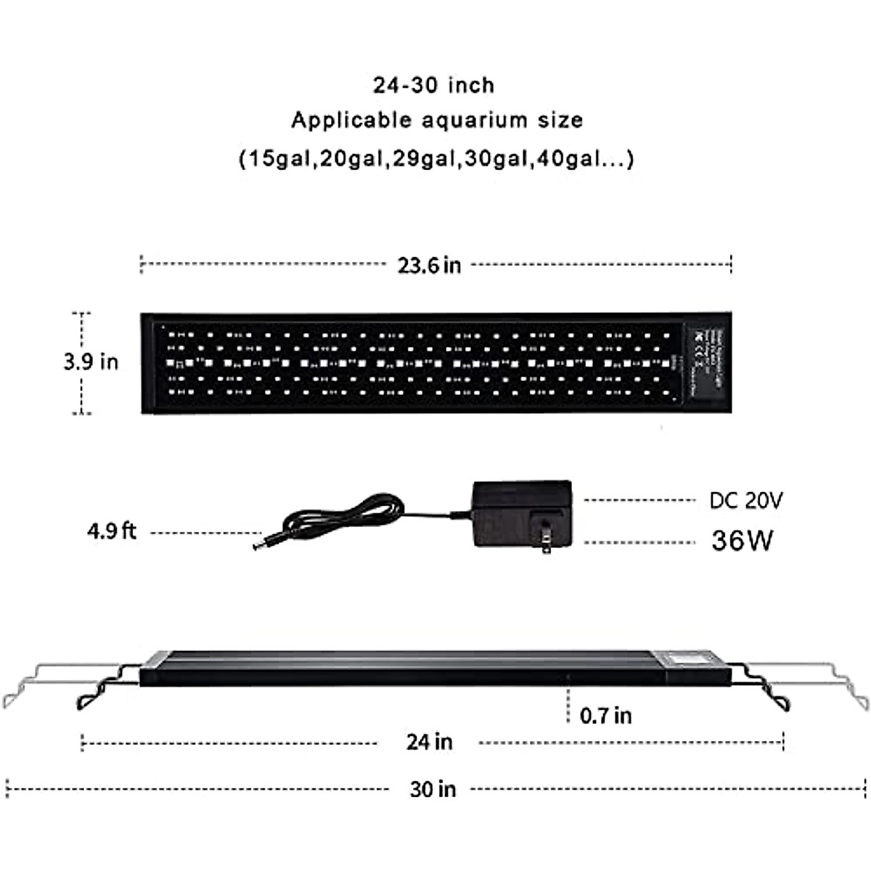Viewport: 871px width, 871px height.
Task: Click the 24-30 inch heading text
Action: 434,85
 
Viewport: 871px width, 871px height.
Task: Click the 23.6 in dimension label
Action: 429,265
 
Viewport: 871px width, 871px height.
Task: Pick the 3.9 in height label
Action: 91,361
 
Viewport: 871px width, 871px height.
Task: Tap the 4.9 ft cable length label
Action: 112,532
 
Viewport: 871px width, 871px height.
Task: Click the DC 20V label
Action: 746,501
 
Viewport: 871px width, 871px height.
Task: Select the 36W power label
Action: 743,541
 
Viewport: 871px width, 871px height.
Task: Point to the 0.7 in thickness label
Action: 606,716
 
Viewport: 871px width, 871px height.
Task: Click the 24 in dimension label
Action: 429,742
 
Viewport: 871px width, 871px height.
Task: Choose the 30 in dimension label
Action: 433,789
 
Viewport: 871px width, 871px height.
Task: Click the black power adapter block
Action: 520,512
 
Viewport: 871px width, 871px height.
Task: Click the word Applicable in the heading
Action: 342,120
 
